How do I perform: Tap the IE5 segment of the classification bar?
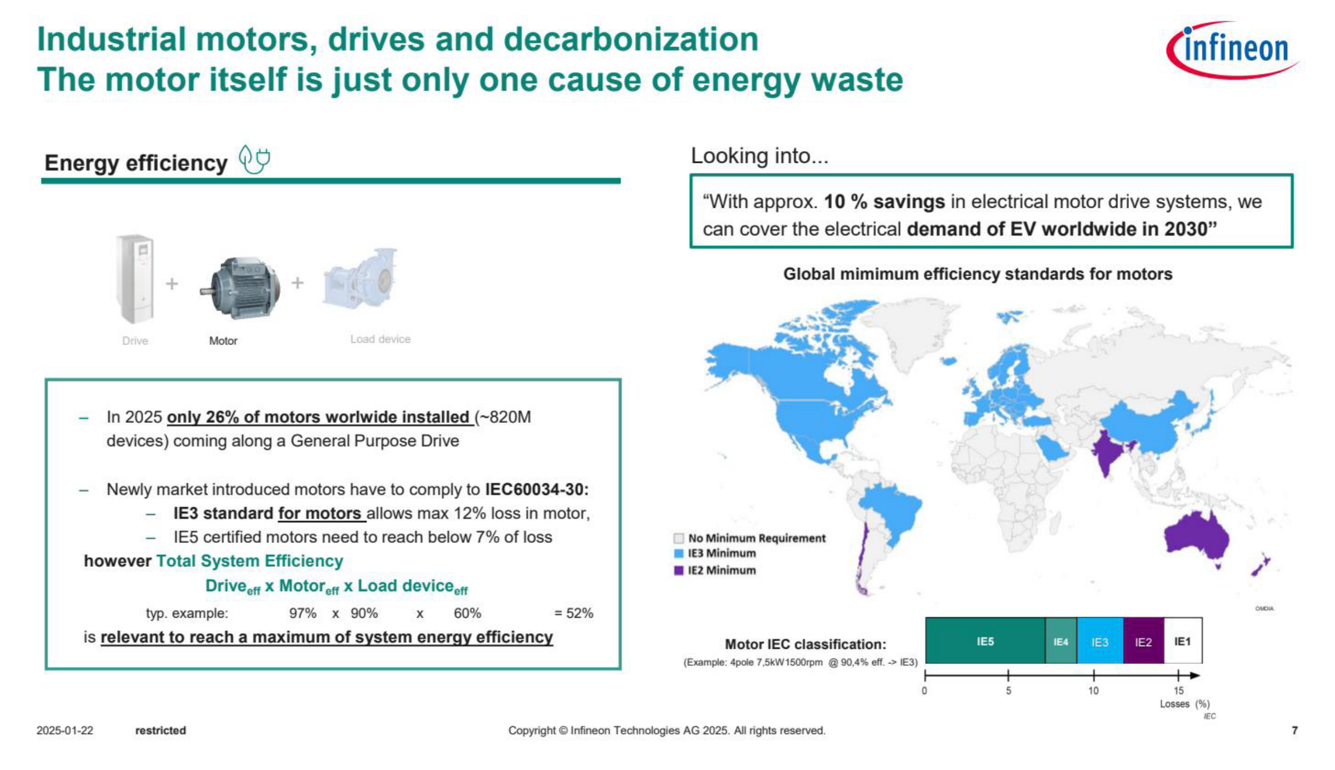[x=985, y=641]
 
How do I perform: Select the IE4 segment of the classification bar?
[x=1061, y=641]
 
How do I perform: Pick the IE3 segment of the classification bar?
[x=1100, y=641]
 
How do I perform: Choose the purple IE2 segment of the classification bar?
[x=1143, y=641]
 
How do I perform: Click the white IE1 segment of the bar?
[x=1183, y=641]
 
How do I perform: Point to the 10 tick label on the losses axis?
[x=1093, y=691]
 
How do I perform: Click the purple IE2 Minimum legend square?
[x=678, y=571]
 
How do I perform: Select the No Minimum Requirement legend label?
[x=757, y=538]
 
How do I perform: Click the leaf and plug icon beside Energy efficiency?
[x=254, y=159]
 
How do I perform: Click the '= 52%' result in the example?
[x=574, y=613]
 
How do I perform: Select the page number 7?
[x=1294, y=731]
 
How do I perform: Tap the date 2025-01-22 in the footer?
[x=65, y=731]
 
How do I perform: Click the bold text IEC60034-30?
[x=537, y=489]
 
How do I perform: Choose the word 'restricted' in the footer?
[x=161, y=731]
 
